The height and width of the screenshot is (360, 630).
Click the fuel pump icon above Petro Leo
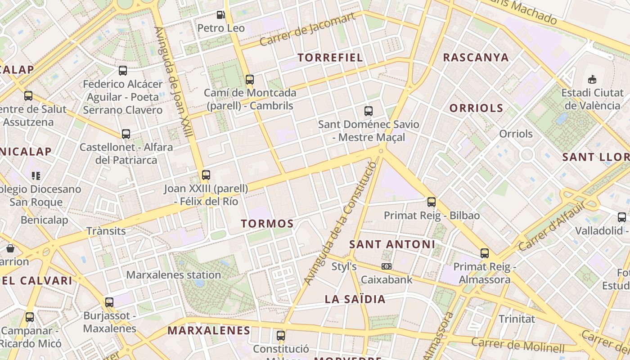(x=220, y=15)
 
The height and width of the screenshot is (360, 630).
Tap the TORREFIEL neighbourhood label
(x=330, y=58)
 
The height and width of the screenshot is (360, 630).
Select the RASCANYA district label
(x=476, y=58)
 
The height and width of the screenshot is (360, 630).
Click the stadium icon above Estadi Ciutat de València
(x=592, y=80)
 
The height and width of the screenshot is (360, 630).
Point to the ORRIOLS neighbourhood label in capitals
(x=476, y=108)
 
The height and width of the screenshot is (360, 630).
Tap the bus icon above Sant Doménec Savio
(x=369, y=111)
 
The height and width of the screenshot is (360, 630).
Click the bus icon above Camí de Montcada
(x=250, y=80)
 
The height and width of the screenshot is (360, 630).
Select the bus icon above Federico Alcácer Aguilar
(x=123, y=71)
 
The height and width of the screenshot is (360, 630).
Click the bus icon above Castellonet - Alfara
(x=126, y=134)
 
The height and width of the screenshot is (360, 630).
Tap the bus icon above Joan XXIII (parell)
(x=206, y=175)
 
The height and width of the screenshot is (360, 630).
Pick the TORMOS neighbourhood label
(x=267, y=224)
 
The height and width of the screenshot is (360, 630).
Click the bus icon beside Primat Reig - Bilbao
(x=432, y=202)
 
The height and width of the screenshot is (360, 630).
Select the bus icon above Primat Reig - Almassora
(x=485, y=253)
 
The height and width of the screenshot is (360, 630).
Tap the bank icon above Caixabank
(x=386, y=266)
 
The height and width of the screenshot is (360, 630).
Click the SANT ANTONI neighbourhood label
(x=392, y=244)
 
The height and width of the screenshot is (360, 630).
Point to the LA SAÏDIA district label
(x=355, y=299)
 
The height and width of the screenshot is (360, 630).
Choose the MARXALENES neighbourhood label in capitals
(x=209, y=330)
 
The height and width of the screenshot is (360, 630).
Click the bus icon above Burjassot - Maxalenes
(x=109, y=302)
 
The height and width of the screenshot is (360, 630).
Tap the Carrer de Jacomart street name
(x=307, y=30)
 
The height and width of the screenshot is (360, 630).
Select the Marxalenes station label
(x=173, y=274)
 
